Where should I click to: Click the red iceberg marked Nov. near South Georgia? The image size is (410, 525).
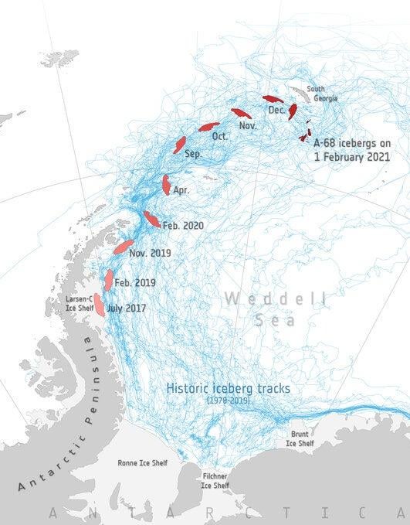click(241, 113)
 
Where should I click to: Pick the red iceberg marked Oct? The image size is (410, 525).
click(208, 126)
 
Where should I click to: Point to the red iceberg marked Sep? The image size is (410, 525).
click(180, 145)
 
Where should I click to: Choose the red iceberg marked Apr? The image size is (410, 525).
click(166, 184)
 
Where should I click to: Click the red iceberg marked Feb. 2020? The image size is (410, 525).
click(151, 220)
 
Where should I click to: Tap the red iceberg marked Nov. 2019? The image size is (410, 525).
click(124, 247)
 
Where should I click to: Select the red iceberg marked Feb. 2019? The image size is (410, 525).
click(109, 279)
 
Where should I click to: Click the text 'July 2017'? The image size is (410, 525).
click(126, 308)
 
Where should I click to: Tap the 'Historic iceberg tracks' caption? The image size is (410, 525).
click(229, 388)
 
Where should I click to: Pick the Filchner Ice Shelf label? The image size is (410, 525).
click(215, 481)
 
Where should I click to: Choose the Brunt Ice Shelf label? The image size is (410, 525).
click(300, 438)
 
